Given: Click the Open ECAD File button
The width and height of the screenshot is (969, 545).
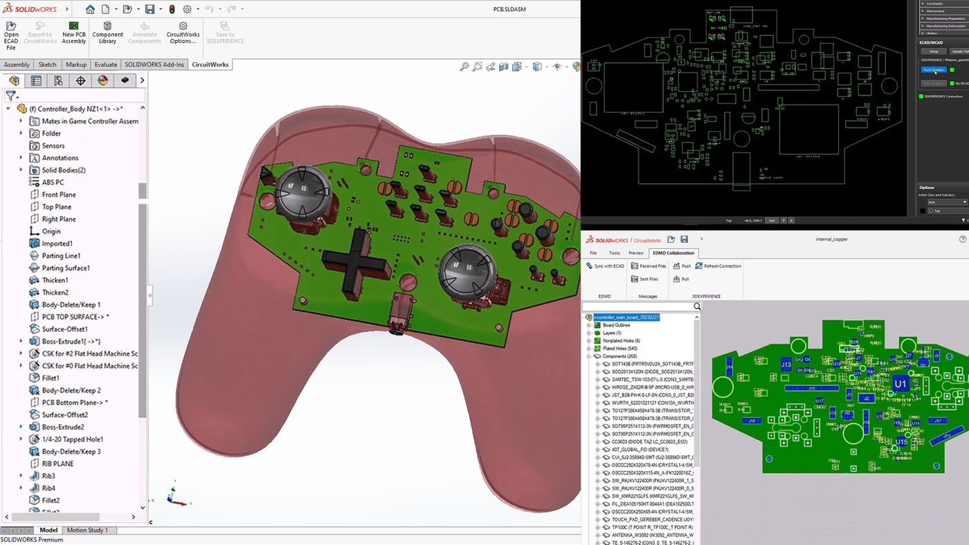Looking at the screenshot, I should (x=11, y=34).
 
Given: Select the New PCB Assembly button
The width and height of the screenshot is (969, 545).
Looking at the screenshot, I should (x=73, y=33).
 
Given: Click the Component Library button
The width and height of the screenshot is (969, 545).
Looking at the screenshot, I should (x=107, y=33).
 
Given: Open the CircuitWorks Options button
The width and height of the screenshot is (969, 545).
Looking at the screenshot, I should (x=183, y=33).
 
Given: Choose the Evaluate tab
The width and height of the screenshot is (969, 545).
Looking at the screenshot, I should (x=106, y=64).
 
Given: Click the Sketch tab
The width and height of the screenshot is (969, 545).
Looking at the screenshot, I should (x=47, y=64).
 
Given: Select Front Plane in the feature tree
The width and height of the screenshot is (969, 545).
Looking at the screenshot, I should (x=59, y=194).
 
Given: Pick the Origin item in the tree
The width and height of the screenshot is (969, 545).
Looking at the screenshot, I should (x=51, y=231).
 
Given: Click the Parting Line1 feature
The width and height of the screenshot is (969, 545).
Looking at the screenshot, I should (x=61, y=256).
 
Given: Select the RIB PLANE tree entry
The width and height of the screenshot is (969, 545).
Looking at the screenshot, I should (x=57, y=463).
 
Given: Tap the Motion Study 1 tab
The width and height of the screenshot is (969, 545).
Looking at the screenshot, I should (x=87, y=530).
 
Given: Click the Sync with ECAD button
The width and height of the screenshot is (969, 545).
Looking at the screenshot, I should (x=605, y=266).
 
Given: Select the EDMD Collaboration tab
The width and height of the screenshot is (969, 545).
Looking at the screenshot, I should (x=673, y=252).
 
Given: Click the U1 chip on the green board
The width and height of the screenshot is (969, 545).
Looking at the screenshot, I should (x=900, y=383).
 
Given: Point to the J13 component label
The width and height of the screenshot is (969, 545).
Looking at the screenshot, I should (x=786, y=364).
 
